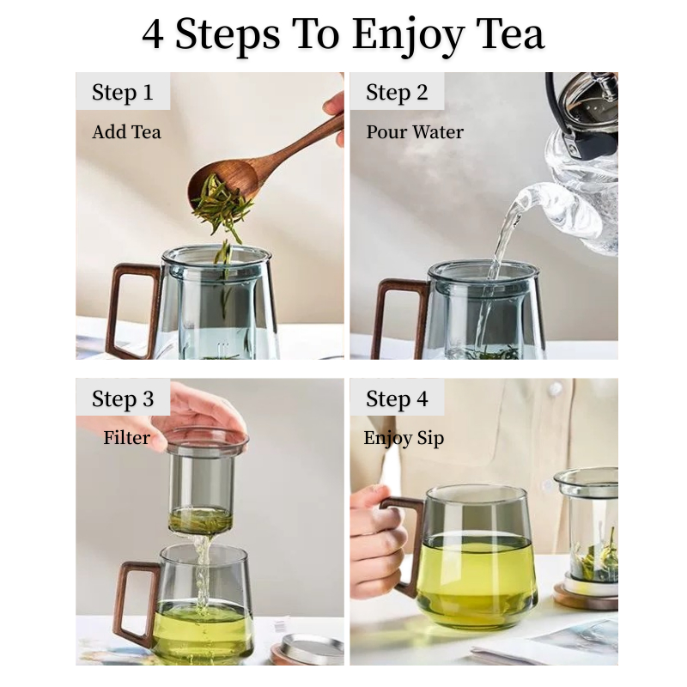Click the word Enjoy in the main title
409,35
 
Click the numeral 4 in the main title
153,34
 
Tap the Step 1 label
123,93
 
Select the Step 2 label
397,93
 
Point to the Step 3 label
123,399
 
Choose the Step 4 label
397,399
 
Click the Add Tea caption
126,132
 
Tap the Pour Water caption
415,132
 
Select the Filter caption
126,438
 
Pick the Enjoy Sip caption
404,439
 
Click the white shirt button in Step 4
556,389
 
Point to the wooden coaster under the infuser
586,597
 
